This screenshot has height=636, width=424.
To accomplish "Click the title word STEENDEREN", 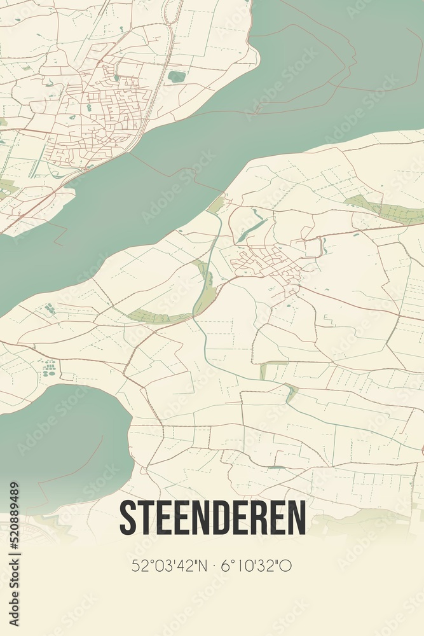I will (212, 518).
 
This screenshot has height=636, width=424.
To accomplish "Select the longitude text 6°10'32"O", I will (256, 565).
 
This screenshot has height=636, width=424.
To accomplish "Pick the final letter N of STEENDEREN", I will (297, 518).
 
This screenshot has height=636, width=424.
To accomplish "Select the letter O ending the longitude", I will (286, 565).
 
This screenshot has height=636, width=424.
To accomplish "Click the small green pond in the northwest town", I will (177, 77).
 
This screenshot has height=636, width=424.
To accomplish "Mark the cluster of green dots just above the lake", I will (48, 368).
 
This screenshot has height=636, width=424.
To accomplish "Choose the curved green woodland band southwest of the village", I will (159, 316).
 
